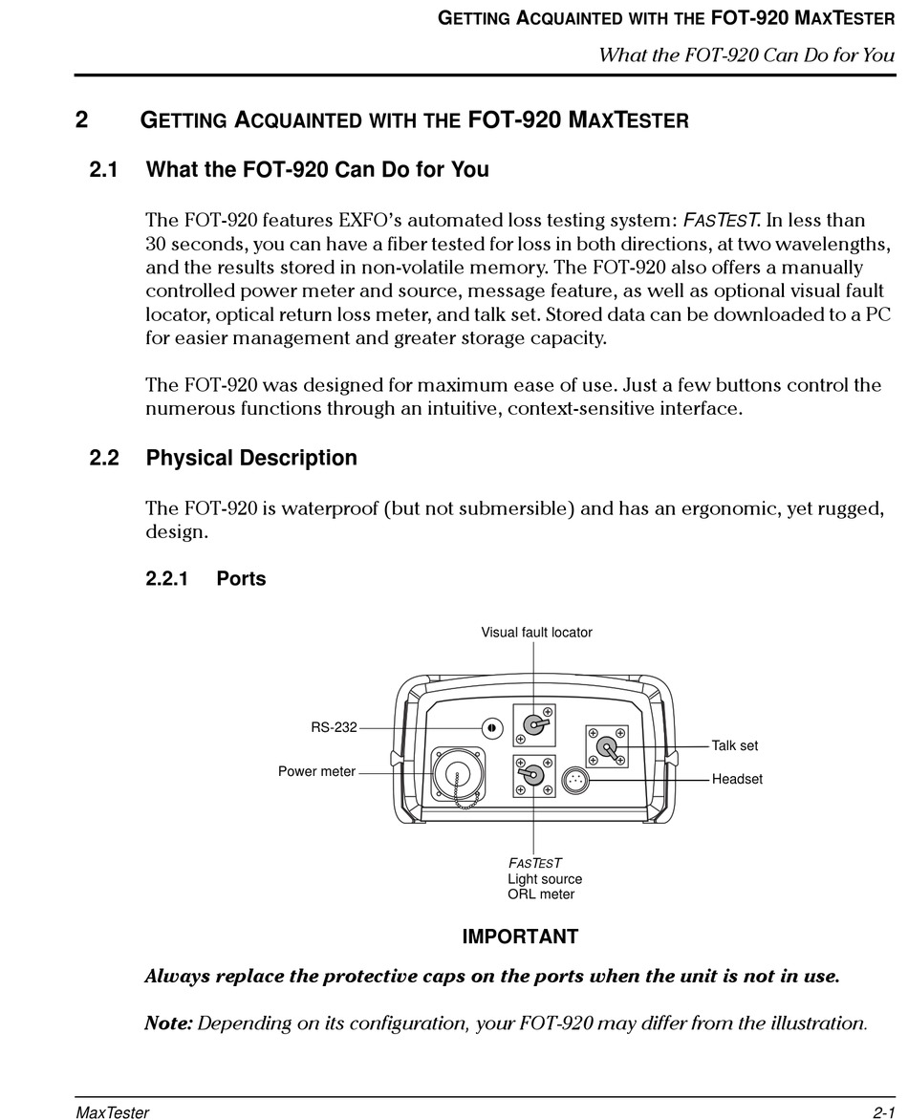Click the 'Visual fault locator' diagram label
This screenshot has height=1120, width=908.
[536, 632]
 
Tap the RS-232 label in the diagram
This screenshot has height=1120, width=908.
[334, 727]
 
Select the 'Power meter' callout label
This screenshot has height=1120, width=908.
[316, 771]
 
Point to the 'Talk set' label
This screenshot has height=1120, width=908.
[734, 745]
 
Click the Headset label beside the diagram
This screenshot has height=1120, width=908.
[737, 779]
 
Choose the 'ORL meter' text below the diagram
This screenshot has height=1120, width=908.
[541, 894]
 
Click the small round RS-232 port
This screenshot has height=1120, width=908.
[490, 728]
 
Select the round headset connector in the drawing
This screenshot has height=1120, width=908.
[574, 781]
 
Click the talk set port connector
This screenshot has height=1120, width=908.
[606, 745]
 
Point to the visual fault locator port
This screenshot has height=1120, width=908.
[534, 726]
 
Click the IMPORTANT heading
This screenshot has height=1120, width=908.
[520, 937]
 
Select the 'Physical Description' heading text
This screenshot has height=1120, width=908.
[251, 458]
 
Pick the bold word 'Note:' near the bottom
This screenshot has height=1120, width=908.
[168, 1023]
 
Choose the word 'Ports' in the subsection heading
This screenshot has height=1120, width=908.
[241, 578]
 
